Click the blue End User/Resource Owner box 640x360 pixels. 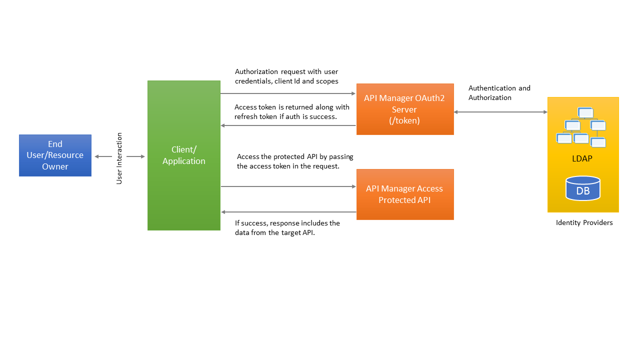tap(55, 155)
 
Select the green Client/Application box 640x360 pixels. tap(183, 155)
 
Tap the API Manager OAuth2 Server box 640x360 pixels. tap(404, 109)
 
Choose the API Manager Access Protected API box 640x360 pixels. tap(404, 194)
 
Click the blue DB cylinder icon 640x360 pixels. tap(582, 188)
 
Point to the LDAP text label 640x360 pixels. tap(582, 159)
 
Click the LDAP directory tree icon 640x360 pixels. tap(581, 127)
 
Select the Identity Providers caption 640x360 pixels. tap(584, 222)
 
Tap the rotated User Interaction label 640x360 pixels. tap(119, 158)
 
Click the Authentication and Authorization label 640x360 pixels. tap(499, 93)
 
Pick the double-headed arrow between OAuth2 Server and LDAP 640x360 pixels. tap(500, 112)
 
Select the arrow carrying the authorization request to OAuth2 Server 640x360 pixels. tap(288, 93)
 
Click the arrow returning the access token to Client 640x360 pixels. tap(288, 125)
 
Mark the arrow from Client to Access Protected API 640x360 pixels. tap(288, 186)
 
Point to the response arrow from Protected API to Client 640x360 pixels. tap(288, 212)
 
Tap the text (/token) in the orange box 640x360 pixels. tap(404, 120)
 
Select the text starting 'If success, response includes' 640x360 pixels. tap(287, 223)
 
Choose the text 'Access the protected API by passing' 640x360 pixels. tap(295, 156)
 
